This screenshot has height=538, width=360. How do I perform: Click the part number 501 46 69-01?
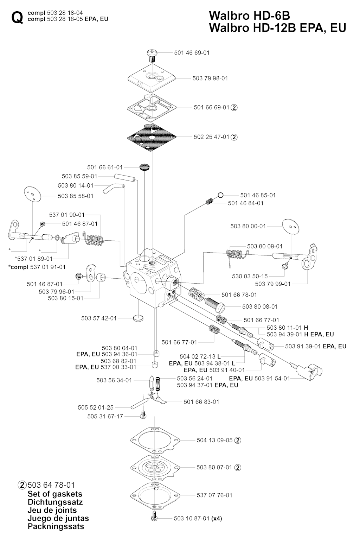pyautogui.click(x=192, y=53)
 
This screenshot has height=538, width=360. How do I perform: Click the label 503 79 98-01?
pyautogui.click(x=210, y=78)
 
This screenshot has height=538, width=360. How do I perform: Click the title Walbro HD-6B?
pyautogui.click(x=249, y=16)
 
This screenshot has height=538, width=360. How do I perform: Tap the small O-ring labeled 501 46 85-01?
pyautogui.click(x=221, y=195)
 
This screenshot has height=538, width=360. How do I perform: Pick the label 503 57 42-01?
pyautogui.click(x=99, y=318)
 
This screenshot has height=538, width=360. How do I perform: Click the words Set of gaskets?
pyautogui.click(x=55, y=494)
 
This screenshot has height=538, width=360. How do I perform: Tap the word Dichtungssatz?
pyautogui.click(x=55, y=502)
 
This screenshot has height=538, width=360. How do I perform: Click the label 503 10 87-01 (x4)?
pyautogui.click(x=198, y=518)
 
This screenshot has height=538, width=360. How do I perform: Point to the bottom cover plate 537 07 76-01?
pyautogui.click(x=155, y=495)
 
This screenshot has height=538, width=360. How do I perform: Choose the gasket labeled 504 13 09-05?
pyautogui.click(x=155, y=440)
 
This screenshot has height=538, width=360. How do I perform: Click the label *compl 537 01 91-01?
pyautogui.click(x=37, y=267)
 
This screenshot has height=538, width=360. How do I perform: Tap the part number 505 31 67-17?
pyautogui.click(x=105, y=416)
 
